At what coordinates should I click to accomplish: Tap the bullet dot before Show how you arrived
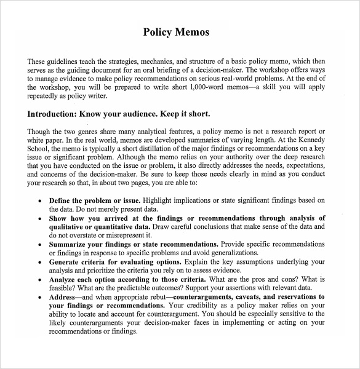tap(40, 218)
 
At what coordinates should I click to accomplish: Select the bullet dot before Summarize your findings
tap(40, 244)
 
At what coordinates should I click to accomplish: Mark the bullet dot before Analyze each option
tap(40, 279)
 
